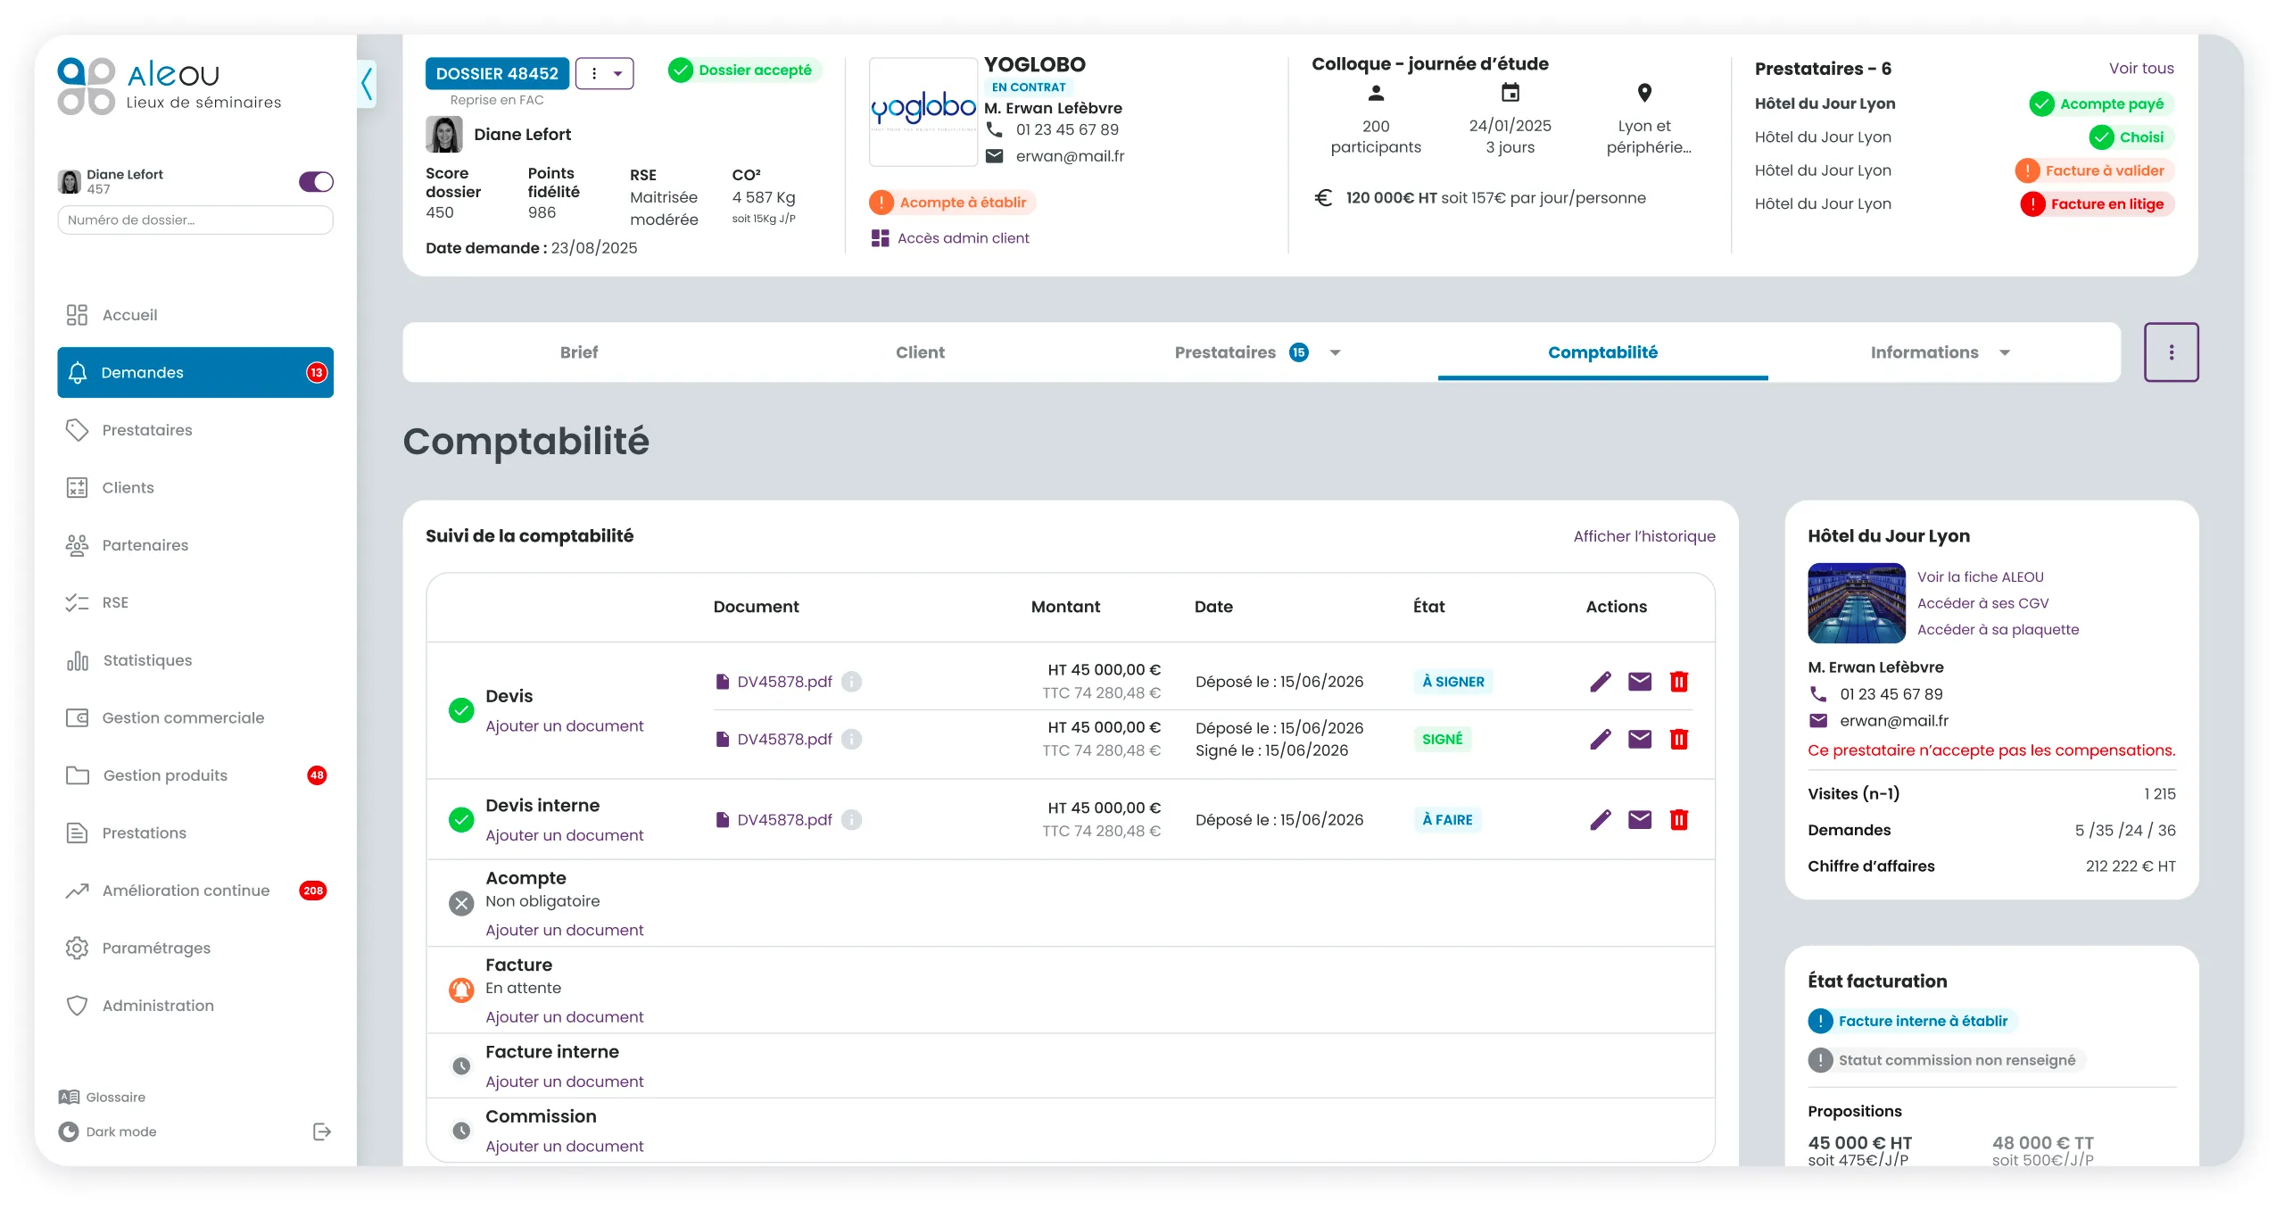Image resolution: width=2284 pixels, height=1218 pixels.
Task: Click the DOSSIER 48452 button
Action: point(497,73)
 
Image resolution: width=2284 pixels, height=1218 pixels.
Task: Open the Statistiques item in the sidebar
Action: point(147,660)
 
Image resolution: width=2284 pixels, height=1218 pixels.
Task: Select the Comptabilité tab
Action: point(1602,352)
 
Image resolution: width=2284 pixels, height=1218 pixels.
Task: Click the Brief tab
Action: point(579,352)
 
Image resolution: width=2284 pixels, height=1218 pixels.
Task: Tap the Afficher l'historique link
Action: point(1644,536)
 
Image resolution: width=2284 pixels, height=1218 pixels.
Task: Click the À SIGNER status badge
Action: point(1453,682)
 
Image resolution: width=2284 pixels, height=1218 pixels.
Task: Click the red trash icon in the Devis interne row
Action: point(1679,819)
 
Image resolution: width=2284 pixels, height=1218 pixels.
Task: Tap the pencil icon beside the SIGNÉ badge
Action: point(1601,739)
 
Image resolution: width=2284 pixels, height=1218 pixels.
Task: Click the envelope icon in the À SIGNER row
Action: point(1640,682)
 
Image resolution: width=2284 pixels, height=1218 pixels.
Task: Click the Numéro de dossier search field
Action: point(195,220)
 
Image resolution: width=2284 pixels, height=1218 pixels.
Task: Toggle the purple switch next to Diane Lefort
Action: point(316,182)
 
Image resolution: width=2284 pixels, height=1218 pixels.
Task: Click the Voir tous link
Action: point(2141,69)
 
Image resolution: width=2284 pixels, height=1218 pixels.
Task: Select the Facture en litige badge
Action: point(2097,204)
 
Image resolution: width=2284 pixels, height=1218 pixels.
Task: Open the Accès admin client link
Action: point(963,238)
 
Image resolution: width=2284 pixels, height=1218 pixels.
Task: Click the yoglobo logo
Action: point(923,111)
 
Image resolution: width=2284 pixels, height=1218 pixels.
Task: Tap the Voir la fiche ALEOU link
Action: point(1980,577)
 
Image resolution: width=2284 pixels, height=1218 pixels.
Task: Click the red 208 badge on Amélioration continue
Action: point(313,891)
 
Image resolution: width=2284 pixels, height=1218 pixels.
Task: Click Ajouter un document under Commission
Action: point(564,1147)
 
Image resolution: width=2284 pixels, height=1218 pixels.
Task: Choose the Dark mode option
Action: point(120,1132)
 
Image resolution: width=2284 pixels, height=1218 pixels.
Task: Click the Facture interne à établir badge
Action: point(1913,1021)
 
